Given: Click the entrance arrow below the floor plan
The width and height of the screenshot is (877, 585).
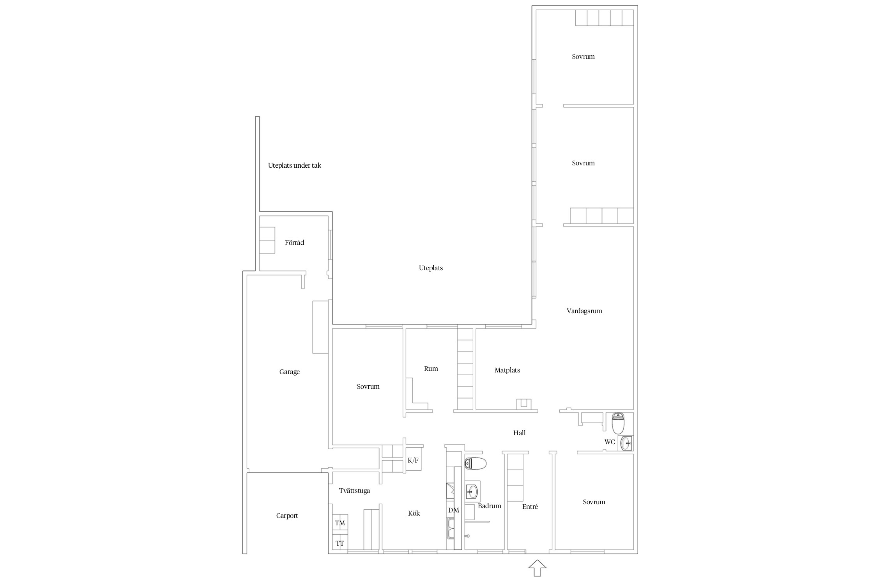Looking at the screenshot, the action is [x=537, y=568].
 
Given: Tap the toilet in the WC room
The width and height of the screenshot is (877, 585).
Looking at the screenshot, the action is [x=618, y=423].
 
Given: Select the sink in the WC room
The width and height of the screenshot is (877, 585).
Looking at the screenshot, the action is [x=626, y=443].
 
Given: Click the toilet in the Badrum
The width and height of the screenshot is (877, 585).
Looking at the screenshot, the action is [x=476, y=464].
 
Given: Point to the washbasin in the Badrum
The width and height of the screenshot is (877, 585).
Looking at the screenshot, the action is [x=472, y=492].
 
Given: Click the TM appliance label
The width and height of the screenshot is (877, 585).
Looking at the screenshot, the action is [x=340, y=523].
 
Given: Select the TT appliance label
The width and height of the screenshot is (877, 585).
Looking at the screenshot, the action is [x=340, y=543].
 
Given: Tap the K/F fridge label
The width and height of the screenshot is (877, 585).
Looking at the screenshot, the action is [x=413, y=460].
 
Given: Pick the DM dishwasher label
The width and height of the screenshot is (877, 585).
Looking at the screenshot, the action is [x=454, y=510].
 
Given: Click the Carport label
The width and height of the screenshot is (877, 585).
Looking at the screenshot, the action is [x=287, y=516].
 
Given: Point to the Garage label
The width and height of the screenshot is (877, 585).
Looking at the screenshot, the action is [x=290, y=372].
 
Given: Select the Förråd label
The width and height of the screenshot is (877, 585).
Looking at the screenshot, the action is [x=294, y=243].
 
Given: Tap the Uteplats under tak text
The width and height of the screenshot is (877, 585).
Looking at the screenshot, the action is [x=295, y=165].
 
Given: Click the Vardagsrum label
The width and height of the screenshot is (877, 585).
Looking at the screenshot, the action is [x=584, y=311].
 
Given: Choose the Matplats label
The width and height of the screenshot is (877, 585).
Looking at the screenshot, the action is [x=507, y=370].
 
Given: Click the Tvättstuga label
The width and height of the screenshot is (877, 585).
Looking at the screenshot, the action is [x=354, y=491].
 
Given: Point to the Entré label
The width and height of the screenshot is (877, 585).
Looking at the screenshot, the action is [x=530, y=507].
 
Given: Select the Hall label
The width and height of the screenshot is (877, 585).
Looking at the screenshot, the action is [x=520, y=433].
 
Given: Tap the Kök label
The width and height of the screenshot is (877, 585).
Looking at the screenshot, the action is [x=414, y=513].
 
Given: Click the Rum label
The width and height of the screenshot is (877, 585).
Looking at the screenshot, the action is [x=431, y=369].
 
